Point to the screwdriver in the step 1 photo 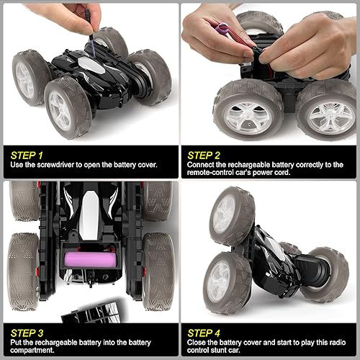click(90, 29)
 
